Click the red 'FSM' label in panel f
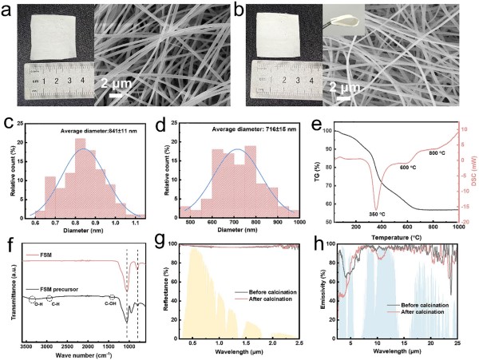(32, 253)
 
